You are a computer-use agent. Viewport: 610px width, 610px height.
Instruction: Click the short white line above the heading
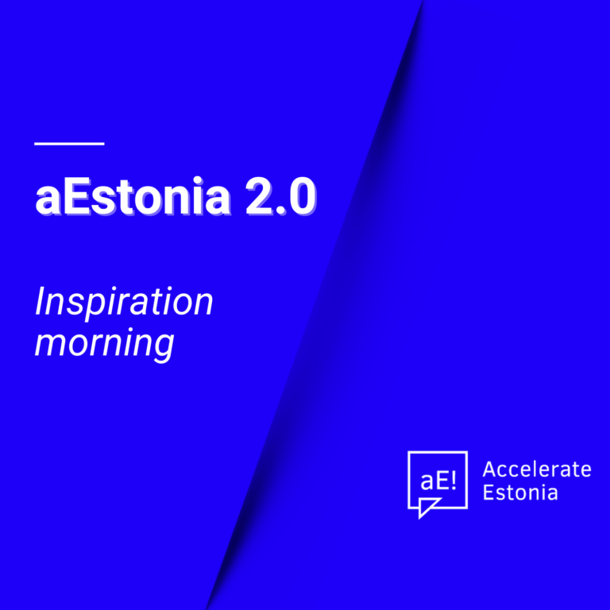coord(69,144)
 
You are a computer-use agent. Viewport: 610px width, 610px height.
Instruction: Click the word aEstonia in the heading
coord(133,195)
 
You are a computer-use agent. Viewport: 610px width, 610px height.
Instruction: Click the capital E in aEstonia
coord(76,196)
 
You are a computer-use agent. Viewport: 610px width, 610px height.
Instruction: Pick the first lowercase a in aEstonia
coord(48,201)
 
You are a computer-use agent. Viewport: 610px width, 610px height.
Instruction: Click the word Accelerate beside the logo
coord(537,469)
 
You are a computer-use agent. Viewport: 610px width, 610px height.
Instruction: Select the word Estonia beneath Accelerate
coord(520,492)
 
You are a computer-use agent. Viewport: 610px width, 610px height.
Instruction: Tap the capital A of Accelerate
coord(490,469)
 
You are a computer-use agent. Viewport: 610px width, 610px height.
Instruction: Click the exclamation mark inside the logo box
coord(453,481)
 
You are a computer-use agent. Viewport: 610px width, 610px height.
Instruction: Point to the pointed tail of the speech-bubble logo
coord(419,518)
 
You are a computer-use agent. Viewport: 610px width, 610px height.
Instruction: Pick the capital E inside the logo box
coord(442,481)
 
